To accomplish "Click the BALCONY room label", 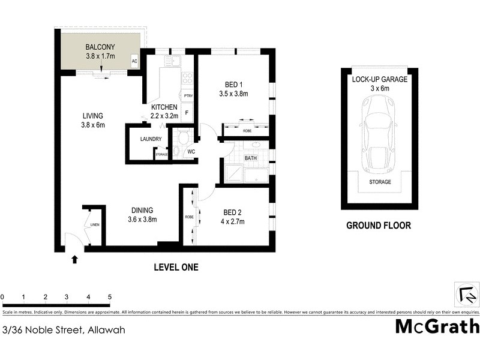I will click(x=100, y=47).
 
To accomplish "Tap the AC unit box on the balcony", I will click(x=134, y=61).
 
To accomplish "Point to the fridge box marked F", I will click(x=187, y=113).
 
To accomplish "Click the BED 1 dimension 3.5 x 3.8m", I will click(x=233, y=94).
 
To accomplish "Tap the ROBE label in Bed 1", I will click(x=247, y=130).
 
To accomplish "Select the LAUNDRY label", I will click(x=151, y=139).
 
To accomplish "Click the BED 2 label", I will click(x=233, y=212).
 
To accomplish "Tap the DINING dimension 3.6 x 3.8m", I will click(x=142, y=220).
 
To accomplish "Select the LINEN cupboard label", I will click(x=95, y=225).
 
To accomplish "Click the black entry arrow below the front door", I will click(x=74, y=259).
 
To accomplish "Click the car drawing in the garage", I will click(x=380, y=134).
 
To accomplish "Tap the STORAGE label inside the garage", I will click(x=380, y=182).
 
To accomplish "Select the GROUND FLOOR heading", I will click(x=379, y=226).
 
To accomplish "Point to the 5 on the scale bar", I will click(x=109, y=297).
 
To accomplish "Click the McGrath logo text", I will click(x=437, y=326).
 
